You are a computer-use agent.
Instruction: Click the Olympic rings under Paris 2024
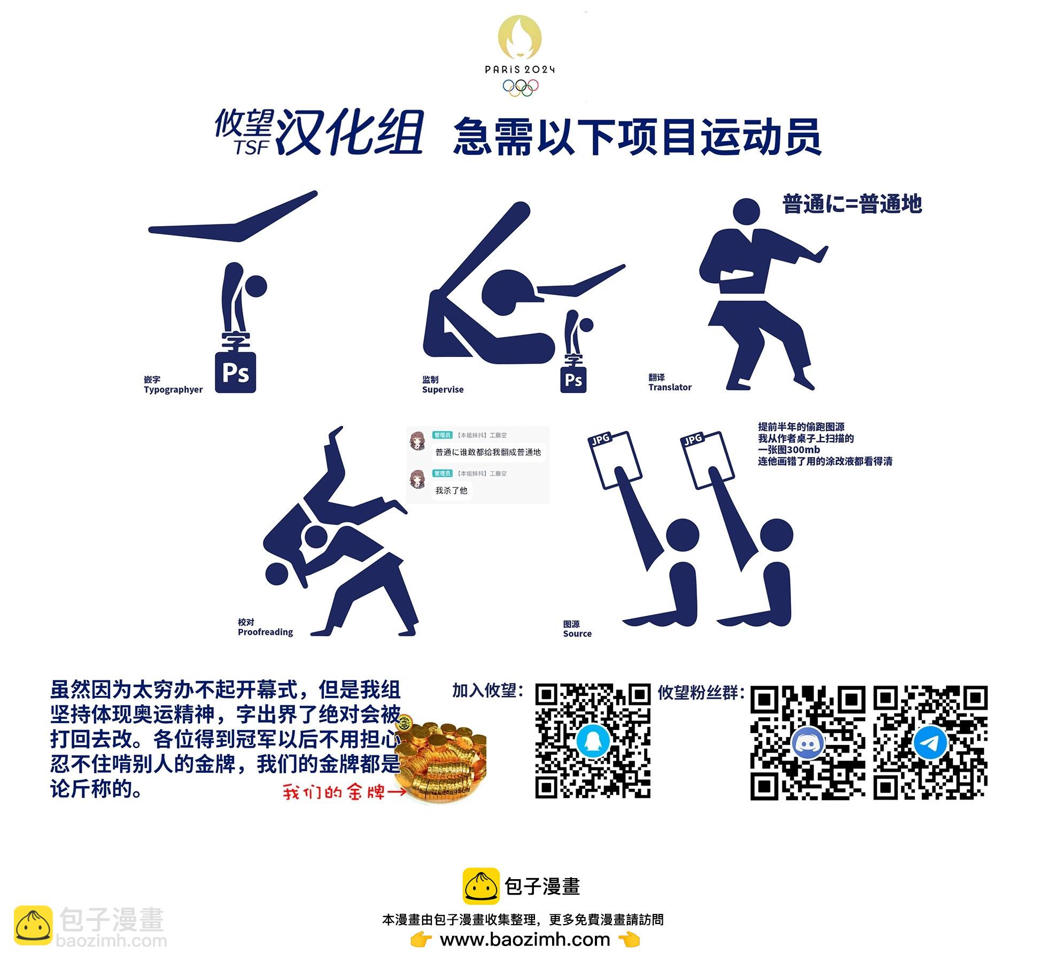click(520, 88)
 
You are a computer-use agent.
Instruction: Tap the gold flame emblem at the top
click(519, 37)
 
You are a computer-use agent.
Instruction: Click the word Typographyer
click(173, 390)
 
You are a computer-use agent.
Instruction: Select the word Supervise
click(443, 390)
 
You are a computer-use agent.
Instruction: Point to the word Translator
click(670, 387)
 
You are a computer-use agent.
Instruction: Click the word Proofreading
click(265, 632)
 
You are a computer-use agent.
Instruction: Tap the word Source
click(577, 633)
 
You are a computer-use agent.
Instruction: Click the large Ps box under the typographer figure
click(235, 373)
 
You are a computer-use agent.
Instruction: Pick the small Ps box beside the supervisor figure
click(573, 380)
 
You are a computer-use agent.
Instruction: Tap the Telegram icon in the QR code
click(931, 742)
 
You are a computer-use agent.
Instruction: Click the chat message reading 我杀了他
click(451, 490)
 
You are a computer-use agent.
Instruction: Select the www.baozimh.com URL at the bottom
click(525, 939)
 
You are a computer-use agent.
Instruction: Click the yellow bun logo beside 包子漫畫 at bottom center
click(481, 886)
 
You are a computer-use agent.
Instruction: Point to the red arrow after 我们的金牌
click(397, 791)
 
